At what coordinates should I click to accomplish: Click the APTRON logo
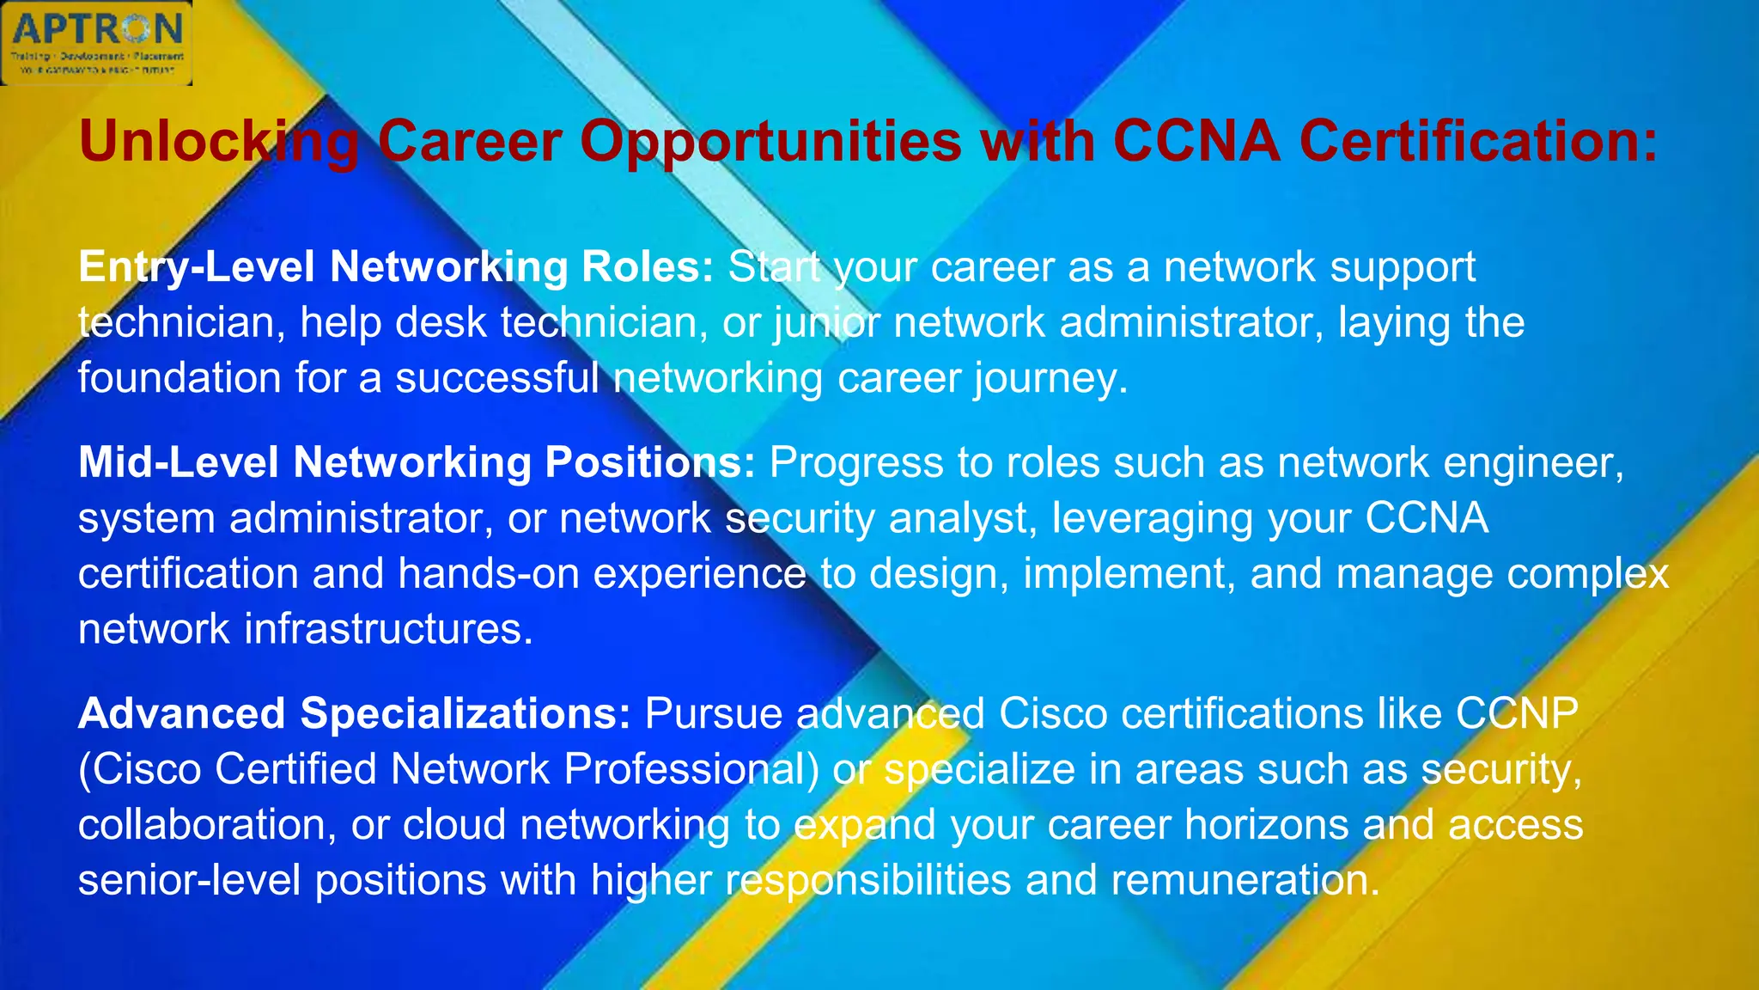coord(96,43)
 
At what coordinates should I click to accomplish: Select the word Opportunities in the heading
coord(770,141)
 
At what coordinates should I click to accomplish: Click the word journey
coord(1050,378)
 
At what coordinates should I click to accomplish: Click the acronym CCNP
coord(1516,713)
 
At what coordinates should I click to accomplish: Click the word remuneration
coord(1245,881)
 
